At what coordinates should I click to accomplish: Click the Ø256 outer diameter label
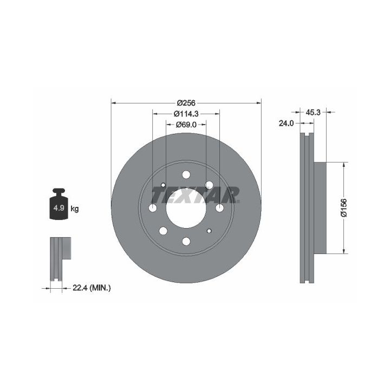click(x=186, y=102)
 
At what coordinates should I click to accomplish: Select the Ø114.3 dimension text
click(x=186, y=114)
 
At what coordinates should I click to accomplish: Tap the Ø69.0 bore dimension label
click(x=186, y=125)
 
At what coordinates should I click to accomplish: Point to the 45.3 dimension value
click(x=313, y=113)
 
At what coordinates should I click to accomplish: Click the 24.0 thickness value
click(x=287, y=123)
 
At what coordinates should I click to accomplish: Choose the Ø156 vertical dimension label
click(x=344, y=207)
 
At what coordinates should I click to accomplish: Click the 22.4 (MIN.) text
click(x=92, y=288)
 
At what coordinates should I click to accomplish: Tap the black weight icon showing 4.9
click(x=58, y=204)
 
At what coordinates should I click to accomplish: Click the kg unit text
click(x=75, y=209)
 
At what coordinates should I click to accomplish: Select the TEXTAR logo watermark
click(x=196, y=195)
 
